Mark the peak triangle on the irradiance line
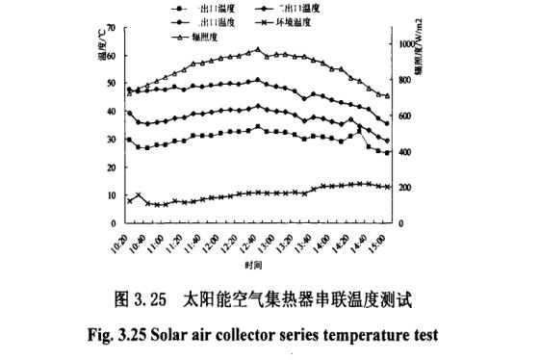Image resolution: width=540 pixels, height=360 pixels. tap(257, 50)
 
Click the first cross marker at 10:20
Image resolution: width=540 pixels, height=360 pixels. tap(129, 200)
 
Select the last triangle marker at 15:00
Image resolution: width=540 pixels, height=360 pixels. tap(387, 95)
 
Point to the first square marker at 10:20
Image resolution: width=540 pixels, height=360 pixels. tap(129, 140)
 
